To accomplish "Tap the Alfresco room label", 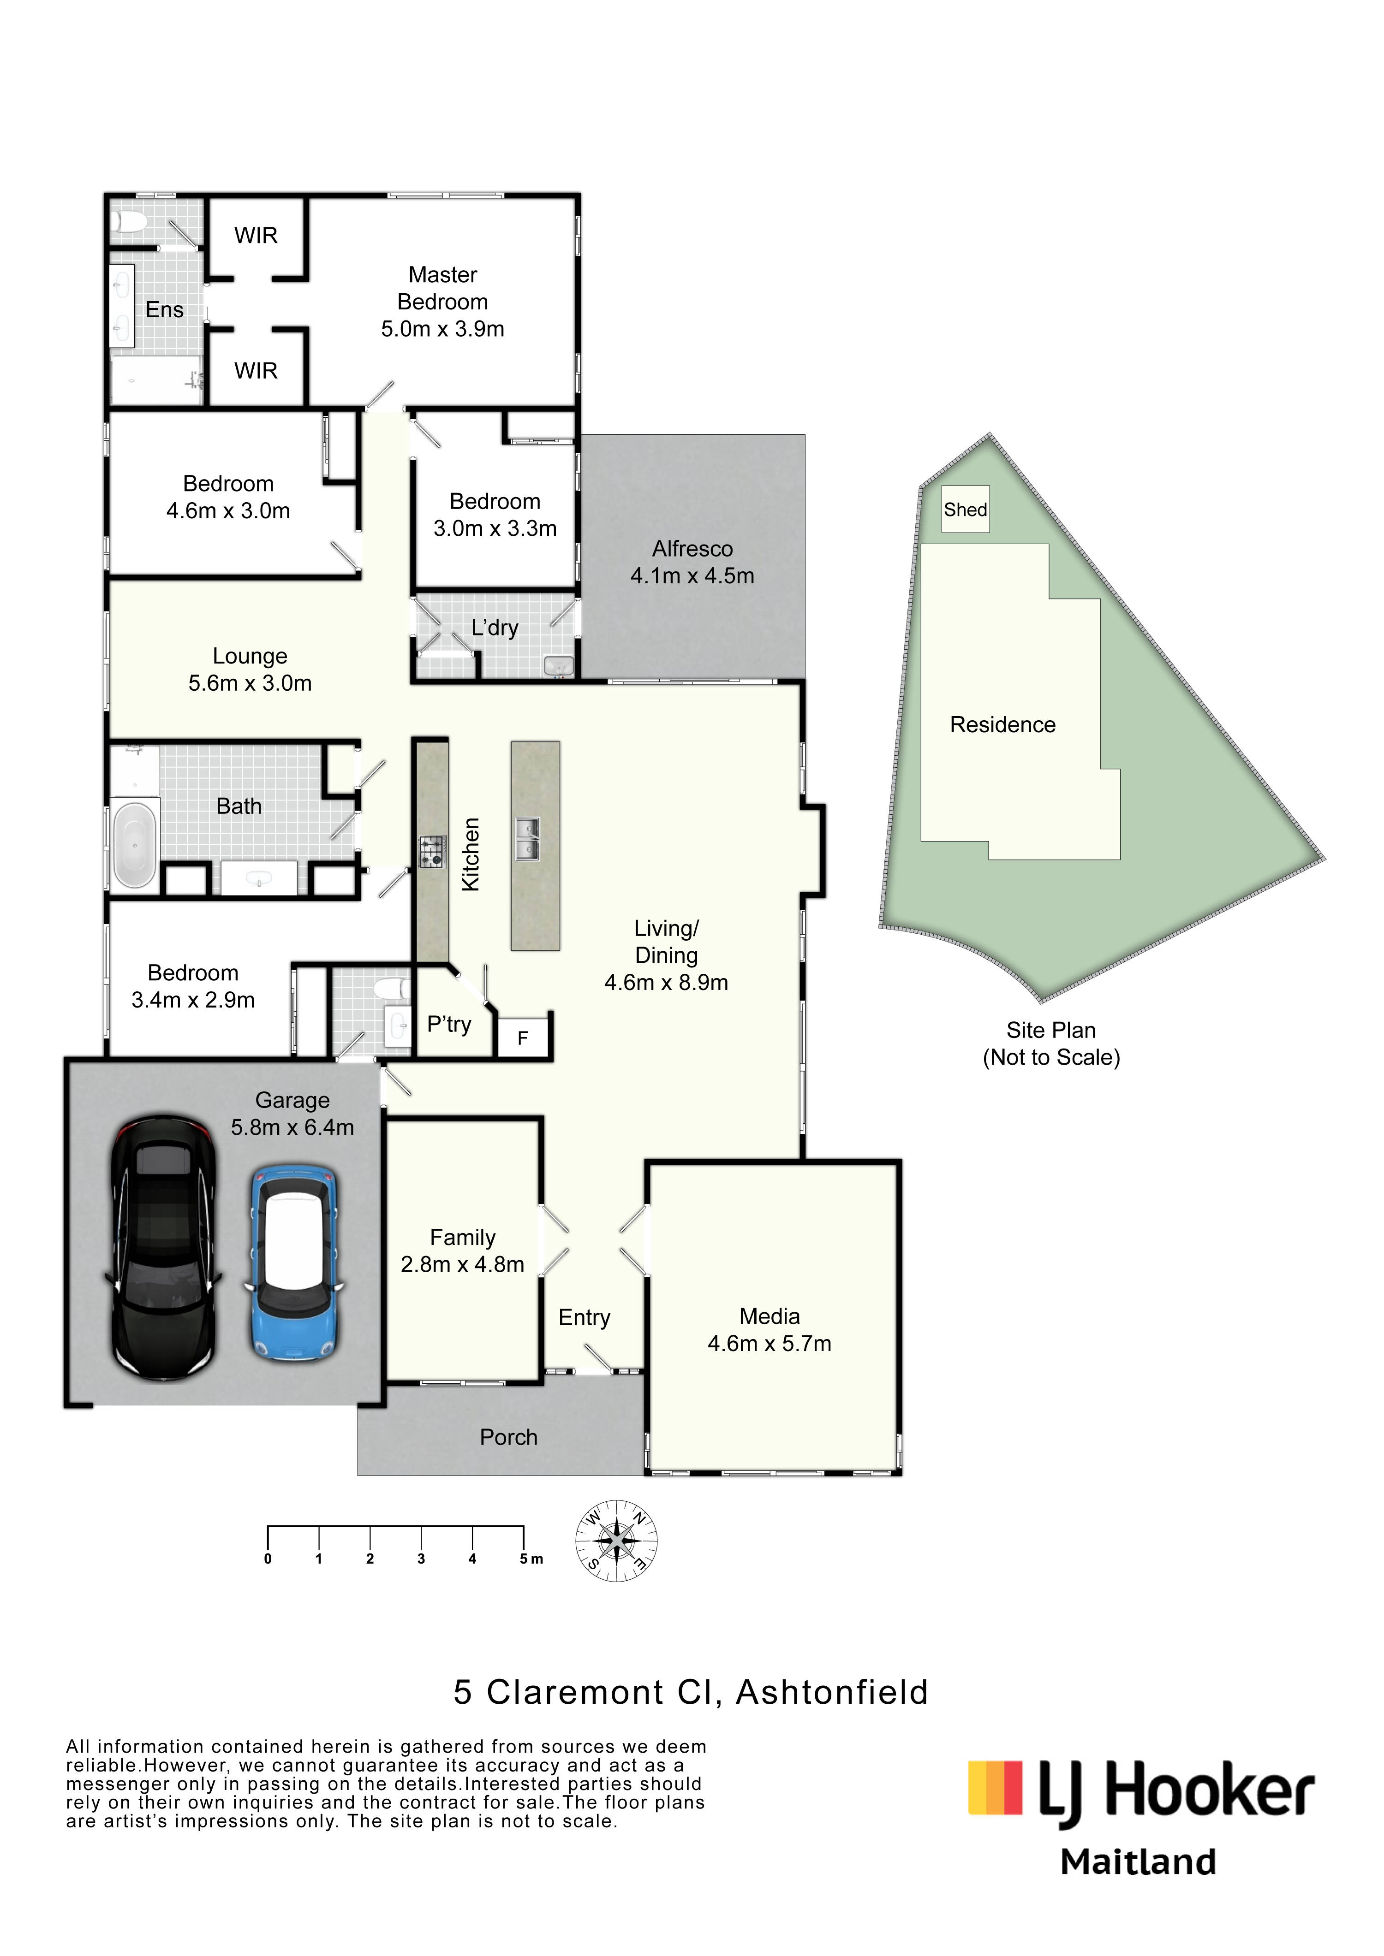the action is [x=692, y=549].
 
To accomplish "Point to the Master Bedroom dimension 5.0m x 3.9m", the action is [x=442, y=329].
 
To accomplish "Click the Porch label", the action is [x=509, y=1437].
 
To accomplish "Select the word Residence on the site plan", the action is [x=1002, y=725].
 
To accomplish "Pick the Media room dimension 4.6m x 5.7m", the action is [x=770, y=1344].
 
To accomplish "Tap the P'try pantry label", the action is [x=449, y=1025].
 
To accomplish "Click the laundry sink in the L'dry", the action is [x=559, y=665].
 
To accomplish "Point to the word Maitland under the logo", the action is [x=1138, y=1862].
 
